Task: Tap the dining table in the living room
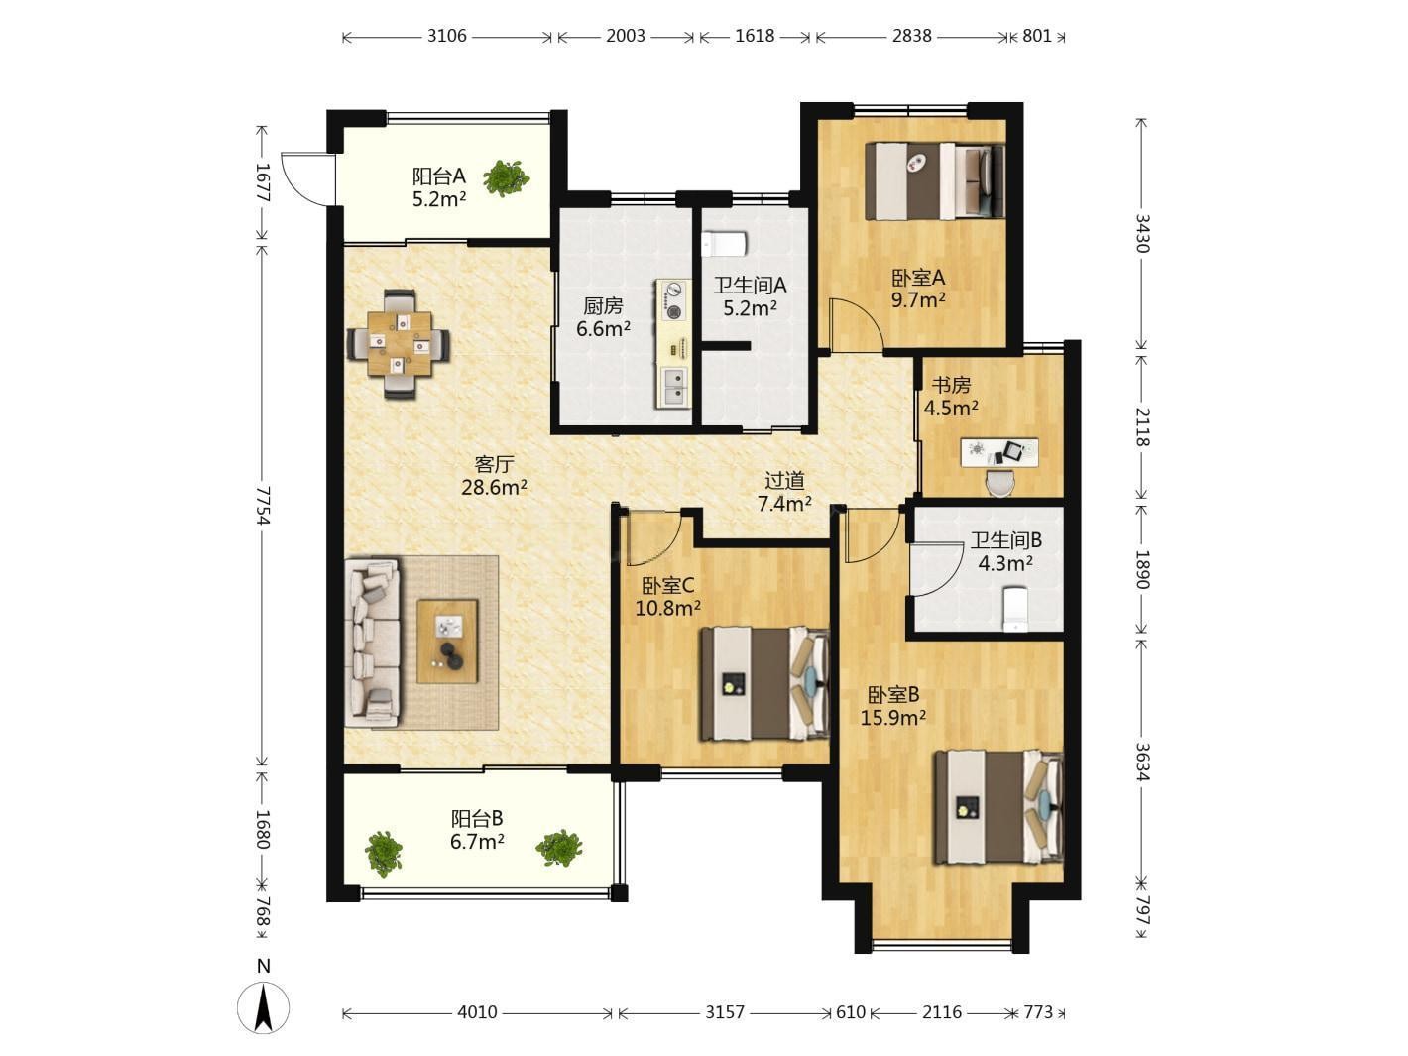(x=400, y=344)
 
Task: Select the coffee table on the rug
(x=447, y=642)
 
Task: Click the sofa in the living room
(x=373, y=643)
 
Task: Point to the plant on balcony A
(x=506, y=177)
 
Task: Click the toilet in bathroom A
(x=724, y=244)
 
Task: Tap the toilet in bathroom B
(x=1014, y=609)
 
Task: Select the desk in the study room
(x=999, y=452)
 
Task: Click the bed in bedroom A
(x=935, y=181)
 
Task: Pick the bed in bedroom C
(x=764, y=684)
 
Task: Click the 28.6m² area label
(x=494, y=487)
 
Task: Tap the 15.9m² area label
(x=893, y=718)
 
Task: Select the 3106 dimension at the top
(x=446, y=36)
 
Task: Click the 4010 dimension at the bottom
(x=477, y=1012)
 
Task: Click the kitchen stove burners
(x=673, y=300)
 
